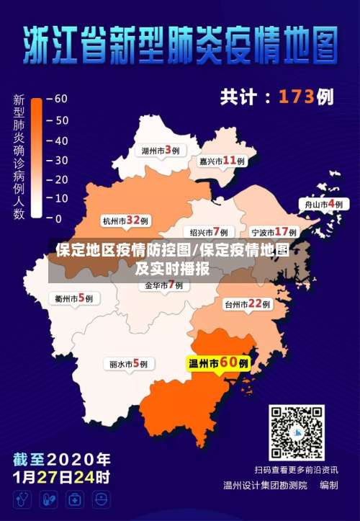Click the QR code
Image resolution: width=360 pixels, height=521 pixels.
pos(297,432)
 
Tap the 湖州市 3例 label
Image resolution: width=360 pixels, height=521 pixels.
pos(160,151)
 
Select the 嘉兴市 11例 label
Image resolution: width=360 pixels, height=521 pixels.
pos(221,161)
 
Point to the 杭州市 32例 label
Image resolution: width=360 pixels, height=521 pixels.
pos(125,221)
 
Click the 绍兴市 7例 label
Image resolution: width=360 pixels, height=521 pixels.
pos(208,232)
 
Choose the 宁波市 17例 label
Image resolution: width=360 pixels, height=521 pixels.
pos(274,232)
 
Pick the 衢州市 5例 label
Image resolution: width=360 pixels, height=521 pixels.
pos(73,298)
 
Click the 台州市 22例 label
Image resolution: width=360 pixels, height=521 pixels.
pos(247,305)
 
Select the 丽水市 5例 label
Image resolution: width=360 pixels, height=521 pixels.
pos(128,365)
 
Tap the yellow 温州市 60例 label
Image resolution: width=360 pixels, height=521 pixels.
pos(218,364)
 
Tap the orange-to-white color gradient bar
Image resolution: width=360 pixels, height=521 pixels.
pos(36,158)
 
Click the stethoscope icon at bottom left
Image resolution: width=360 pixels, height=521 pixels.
pos(22,499)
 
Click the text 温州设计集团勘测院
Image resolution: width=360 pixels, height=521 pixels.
pos(264,485)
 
